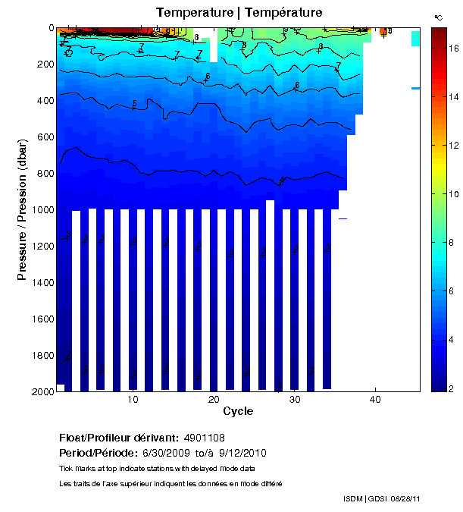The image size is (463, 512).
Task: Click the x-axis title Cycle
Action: click(x=238, y=411)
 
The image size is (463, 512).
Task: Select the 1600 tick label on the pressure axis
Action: click(x=39, y=319)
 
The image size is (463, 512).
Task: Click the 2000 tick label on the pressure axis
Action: click(x=39, y=391)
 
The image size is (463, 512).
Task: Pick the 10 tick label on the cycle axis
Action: click(x=133, y=400)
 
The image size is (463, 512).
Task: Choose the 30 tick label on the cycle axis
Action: click(x=295, y=400)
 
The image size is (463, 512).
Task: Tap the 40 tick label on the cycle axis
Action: click(x=375, y=400)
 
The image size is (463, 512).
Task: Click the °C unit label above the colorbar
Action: click(x=438, y=17)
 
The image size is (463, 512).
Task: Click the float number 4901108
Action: click(x=204, y=438)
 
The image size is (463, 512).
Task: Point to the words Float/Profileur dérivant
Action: click(x=118, y=438)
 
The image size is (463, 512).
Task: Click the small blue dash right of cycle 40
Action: click(x=416, y=88)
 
